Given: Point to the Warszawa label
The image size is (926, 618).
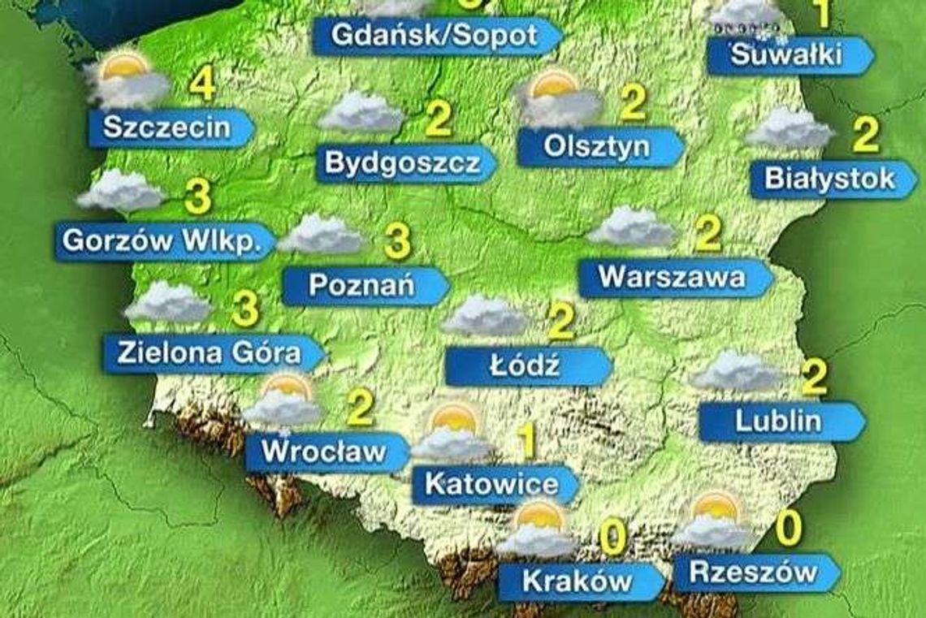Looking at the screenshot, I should click(x=673, y=278).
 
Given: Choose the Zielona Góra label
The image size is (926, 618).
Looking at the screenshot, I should click(x=210, y=353).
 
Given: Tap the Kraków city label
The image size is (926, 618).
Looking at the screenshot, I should click(x=577, y=581).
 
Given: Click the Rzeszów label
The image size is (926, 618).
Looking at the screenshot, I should click(x=752, y=573).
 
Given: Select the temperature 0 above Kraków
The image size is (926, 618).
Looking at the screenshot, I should click(x=613, y=538).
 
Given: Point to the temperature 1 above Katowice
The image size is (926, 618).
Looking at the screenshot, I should click(x=528, y=441).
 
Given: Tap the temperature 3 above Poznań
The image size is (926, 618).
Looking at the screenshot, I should click(x=396, y=242).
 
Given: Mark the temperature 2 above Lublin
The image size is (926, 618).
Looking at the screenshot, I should click(x=813, y=376).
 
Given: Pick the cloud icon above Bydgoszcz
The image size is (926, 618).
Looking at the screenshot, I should click(x=360, y=112).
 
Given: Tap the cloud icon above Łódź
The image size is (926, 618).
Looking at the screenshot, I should click(x=484, y=315).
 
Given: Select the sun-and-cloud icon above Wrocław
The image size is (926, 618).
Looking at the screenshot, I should click(x=283, y=400).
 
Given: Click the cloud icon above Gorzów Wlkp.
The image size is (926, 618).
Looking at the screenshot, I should click(x=120, y=192).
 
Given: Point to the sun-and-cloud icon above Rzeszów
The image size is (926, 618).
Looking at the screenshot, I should click(x=712, y=521).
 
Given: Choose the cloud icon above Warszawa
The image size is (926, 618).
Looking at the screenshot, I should click(x=631, y=227).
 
